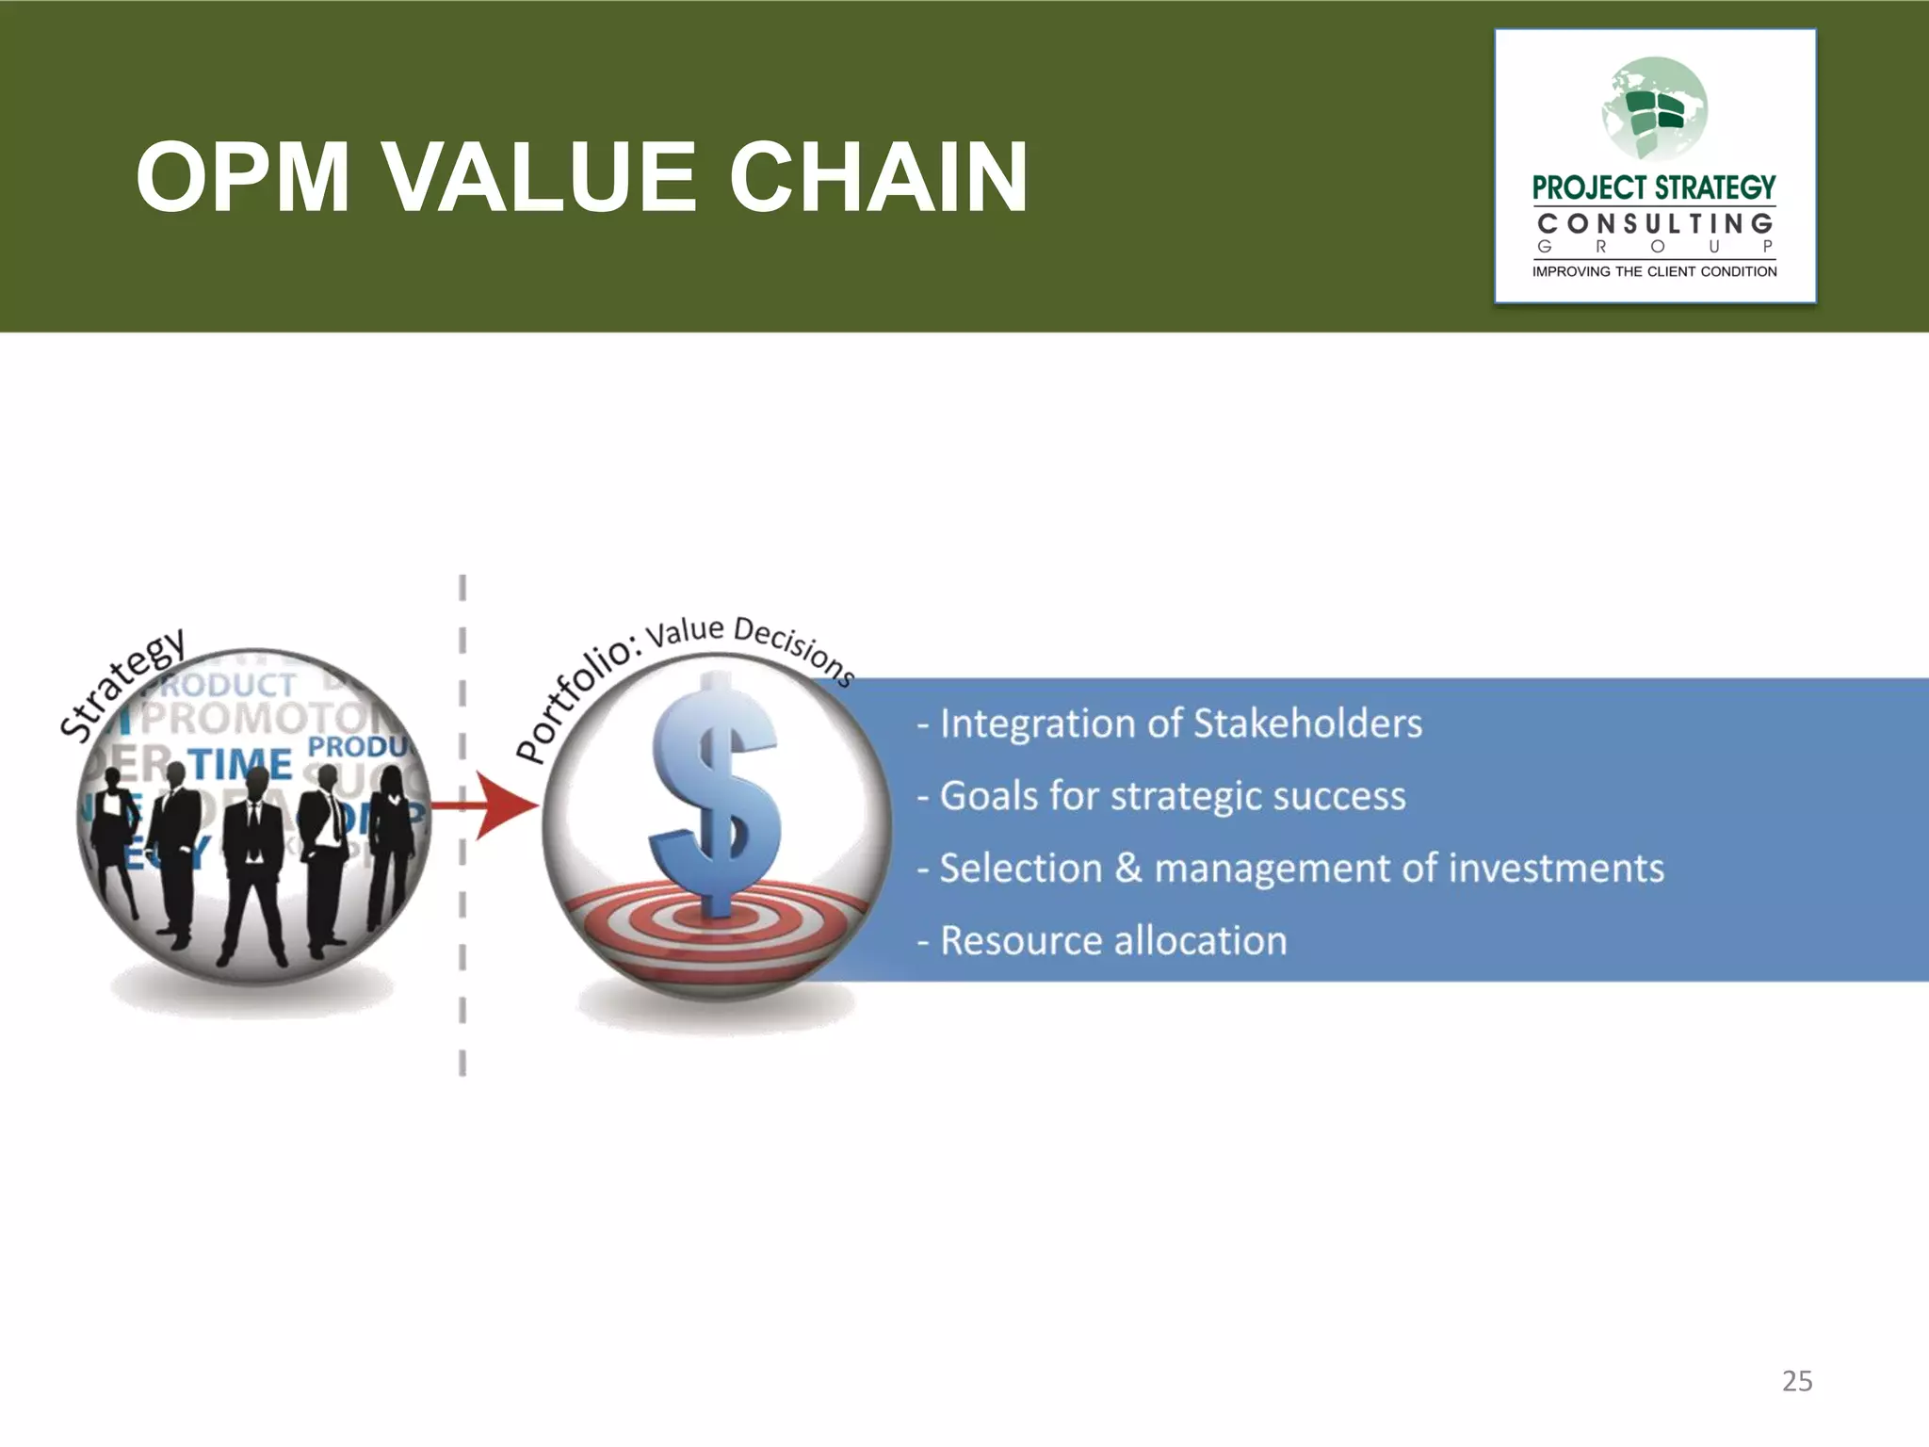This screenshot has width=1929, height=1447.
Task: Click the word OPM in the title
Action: click(x=243, y=177)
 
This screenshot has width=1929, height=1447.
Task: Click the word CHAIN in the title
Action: click(x=878, y=177)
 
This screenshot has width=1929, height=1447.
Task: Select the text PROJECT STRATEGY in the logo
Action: click(x=1654, y=187)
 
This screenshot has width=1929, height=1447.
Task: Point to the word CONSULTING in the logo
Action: click(x=1654, y=224)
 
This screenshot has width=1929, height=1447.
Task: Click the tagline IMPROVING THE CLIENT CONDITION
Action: click(x=1654, y=271)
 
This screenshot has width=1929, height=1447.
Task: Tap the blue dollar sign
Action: click(x=716, y=791)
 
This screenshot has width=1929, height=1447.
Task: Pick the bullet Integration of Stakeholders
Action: click(x=1170, y=723)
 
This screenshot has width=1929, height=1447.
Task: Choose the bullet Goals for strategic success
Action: click(x=1162, y=796)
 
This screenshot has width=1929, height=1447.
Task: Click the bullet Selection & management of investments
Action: click(x=1290, y=868)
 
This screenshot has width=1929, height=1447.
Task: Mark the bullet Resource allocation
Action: click(x=1102, y=940)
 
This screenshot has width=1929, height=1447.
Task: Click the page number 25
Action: click(x=1796, y=1381)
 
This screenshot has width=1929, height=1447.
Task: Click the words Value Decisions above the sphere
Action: click(x=749, y=641)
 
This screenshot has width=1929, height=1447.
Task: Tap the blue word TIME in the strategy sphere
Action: click(x=241, y=763)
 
